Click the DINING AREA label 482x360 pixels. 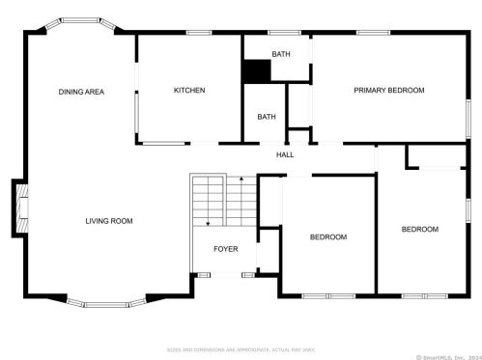tap(81, 92)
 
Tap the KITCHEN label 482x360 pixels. tap(189, 91)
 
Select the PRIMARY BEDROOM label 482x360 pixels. tap(388, 91)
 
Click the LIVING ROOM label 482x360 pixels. tap(108, 221)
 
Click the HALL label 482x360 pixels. tap(285, 154)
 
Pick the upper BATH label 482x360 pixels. tap(280, 55)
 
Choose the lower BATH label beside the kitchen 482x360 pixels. tap(267, 117)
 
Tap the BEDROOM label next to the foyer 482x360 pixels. tap(327, 236)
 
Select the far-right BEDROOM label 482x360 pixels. tap(420, 229)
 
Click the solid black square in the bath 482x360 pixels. tap(256, 71)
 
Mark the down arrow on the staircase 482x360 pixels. tap(208, 222)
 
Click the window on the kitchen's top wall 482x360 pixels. tap(199, 34)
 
